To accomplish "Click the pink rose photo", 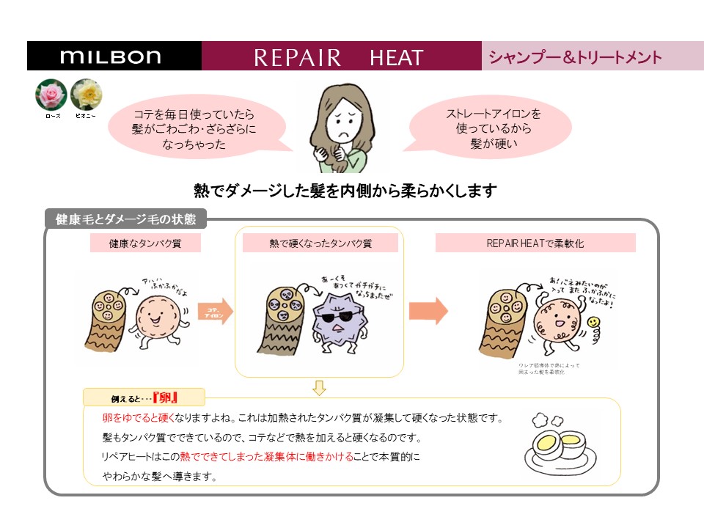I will tap(51, 95).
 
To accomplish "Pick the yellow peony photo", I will tap(86, 95).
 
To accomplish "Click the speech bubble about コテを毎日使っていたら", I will tap(195, 125).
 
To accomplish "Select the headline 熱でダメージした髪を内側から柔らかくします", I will tap(345, 191).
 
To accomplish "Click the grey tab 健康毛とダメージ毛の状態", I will tap(126, 219).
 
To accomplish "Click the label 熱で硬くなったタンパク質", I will tap(320, 243).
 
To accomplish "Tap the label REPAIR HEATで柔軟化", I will tap(535, 243).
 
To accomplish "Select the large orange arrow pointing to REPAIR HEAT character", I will tap(428, 310).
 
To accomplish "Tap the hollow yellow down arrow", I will tap(319, 387).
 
